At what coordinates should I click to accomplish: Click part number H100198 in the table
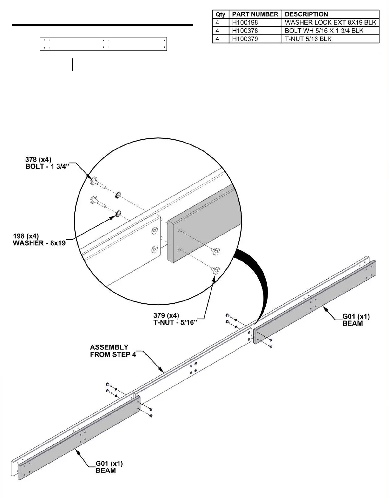tap(245, 23)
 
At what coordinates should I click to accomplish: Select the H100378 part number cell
tap(245, 31)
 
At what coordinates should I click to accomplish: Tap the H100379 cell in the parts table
tap(245, 39)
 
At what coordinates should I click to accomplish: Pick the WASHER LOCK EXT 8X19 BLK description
tap(331, 23)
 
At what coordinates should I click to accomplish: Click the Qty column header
tap(220, 14)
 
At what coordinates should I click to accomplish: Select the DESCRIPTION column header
tap(306, 14)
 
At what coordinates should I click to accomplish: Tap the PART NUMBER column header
tap(255, 14)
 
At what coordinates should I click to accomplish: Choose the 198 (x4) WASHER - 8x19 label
tap(39, 240)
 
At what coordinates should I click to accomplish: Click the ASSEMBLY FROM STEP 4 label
tap(113, 351)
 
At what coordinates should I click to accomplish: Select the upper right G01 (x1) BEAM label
tap(356, 320)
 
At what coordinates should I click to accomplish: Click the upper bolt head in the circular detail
tap(94, 182)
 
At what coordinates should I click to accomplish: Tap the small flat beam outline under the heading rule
tap(103, 44)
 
